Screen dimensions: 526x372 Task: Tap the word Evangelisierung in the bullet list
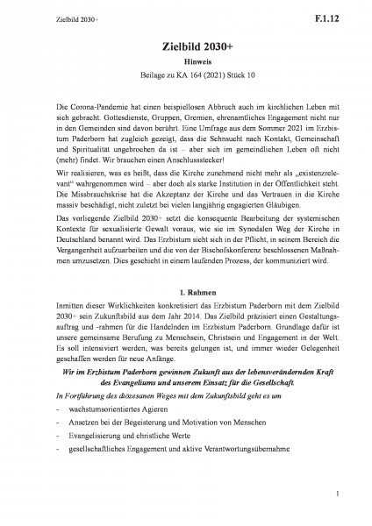pyautogui.click(x=97, y=482)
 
